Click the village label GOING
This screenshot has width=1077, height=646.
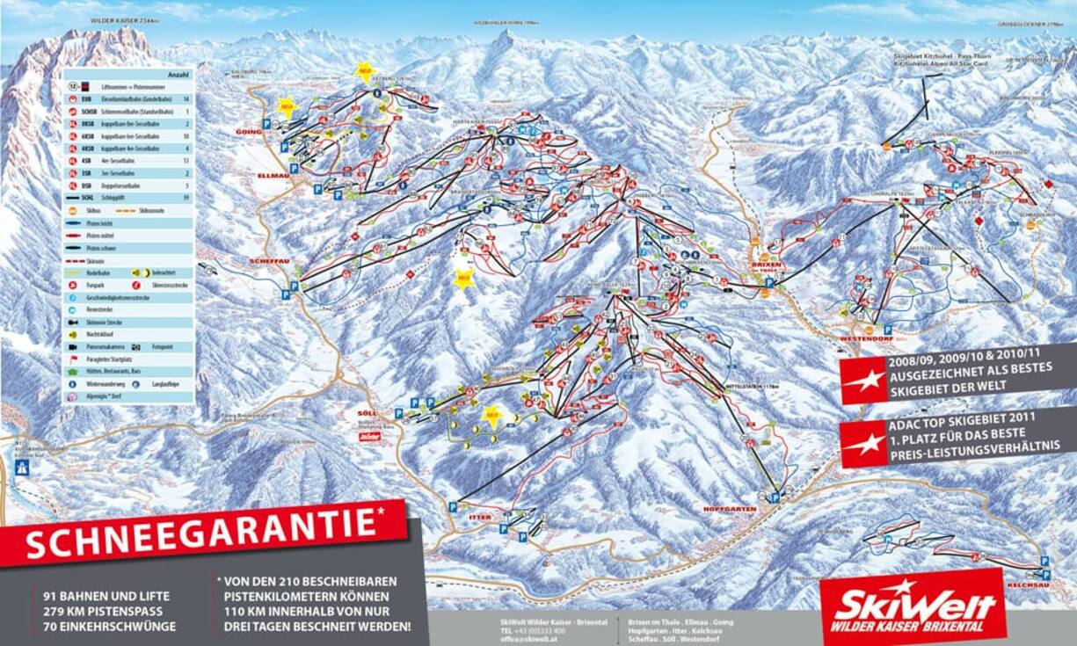click(250, 132)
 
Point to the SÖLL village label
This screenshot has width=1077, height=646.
click(367, 413)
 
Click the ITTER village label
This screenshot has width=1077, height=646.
click(480, 518)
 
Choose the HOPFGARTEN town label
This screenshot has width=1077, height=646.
click(730, 509)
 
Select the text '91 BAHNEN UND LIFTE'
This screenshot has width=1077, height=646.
click(106, 596)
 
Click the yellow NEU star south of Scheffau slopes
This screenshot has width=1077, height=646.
click(463, 279)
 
